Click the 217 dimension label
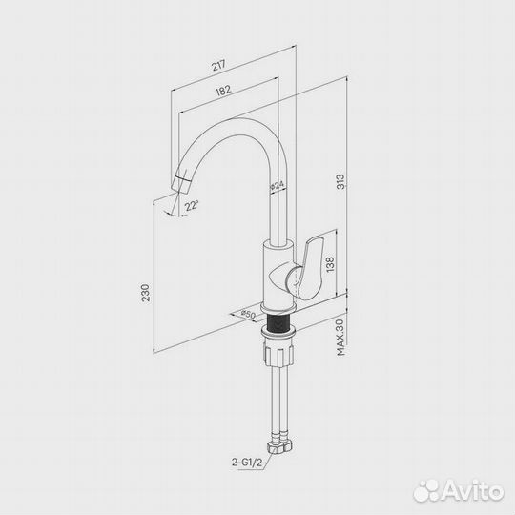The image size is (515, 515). click(x=218, y=65)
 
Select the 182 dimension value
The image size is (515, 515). click(x=223, y=91)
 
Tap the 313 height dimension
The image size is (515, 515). click(x=340, y=181)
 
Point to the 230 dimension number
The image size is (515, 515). click(x=145, y=293)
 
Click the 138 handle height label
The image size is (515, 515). click(x=330, y=264)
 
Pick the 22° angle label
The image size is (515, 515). click(x=192, y=206)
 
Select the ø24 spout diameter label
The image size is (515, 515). click(x=277, y=187)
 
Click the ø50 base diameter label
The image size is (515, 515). click(x=248, y=314)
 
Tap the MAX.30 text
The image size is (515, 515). click(x=340, y=338)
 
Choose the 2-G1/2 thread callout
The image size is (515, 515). click(x=247, y=463)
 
